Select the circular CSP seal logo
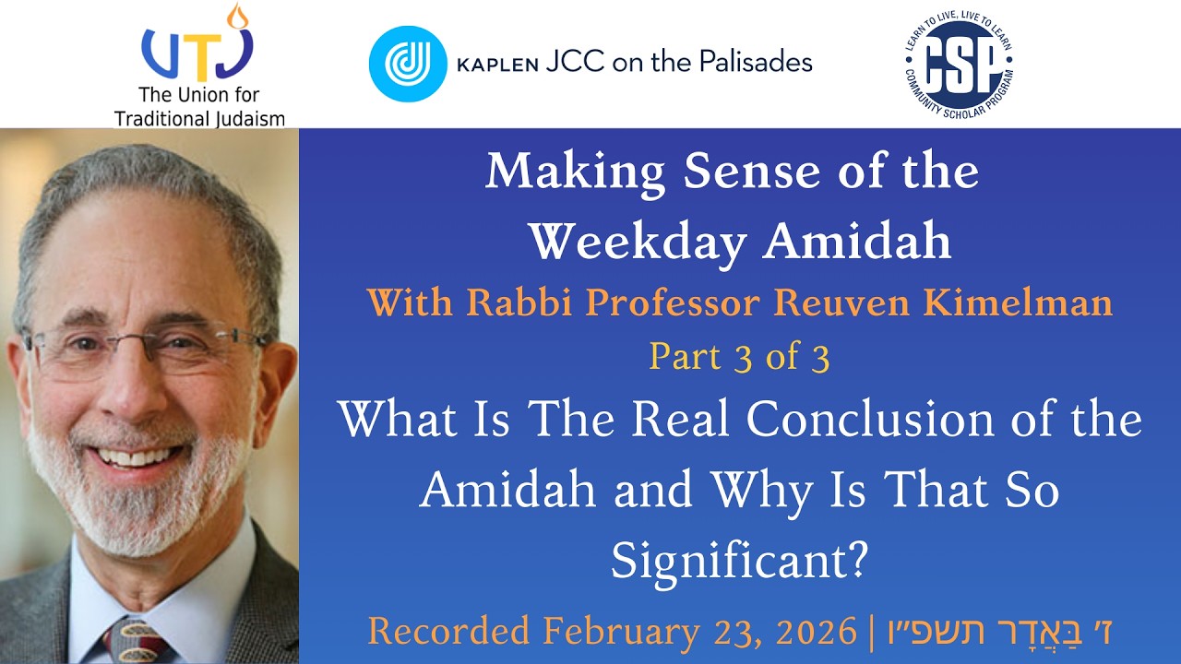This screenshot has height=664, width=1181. pos(960,63)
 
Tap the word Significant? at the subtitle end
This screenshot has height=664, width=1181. pos(739,560)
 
